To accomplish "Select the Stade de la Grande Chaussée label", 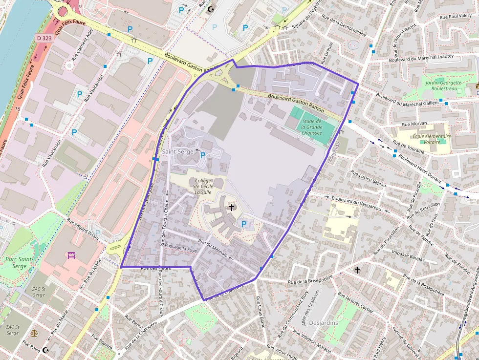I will (x=311, y=127).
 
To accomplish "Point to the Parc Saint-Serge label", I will (x=20, y=262).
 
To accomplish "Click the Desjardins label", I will (x=324, y=323).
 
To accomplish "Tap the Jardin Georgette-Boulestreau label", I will (x=444, y=86).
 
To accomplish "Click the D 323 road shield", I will (x=44, y=38).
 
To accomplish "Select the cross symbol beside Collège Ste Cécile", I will (x=232, y=208).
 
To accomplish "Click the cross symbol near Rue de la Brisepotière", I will (x=357, y=270).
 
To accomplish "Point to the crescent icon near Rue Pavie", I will (x=46, y=350).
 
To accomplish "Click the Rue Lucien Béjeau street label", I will (x=369, y=178).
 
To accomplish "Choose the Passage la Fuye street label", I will (x=182, y=248).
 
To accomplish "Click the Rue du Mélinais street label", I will (x=213, y=247).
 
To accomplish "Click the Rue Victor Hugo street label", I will (x=283, y=351).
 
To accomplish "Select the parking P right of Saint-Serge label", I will (x=203, y=155).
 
